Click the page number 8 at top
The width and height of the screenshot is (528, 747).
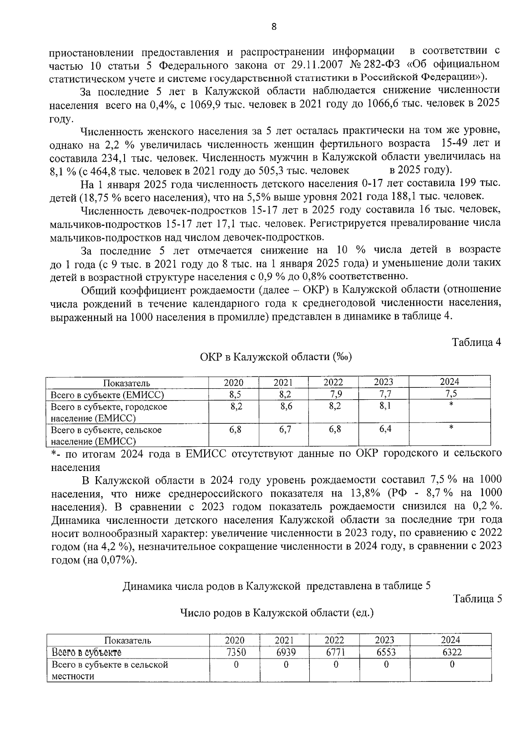click(274, 27)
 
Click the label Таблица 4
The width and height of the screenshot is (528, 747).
click(477, 342)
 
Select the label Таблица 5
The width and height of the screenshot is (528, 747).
click(477, 599)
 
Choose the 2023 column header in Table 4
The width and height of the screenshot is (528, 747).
click(383, 383)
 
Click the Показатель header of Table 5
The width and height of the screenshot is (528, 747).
click(128, 640)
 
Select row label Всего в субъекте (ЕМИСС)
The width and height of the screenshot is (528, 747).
click(107, 395)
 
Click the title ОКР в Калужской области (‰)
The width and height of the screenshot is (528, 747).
click(275, 357)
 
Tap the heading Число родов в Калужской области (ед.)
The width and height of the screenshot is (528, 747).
click(277, 613)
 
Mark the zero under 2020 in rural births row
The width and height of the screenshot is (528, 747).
click(236, 665)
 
